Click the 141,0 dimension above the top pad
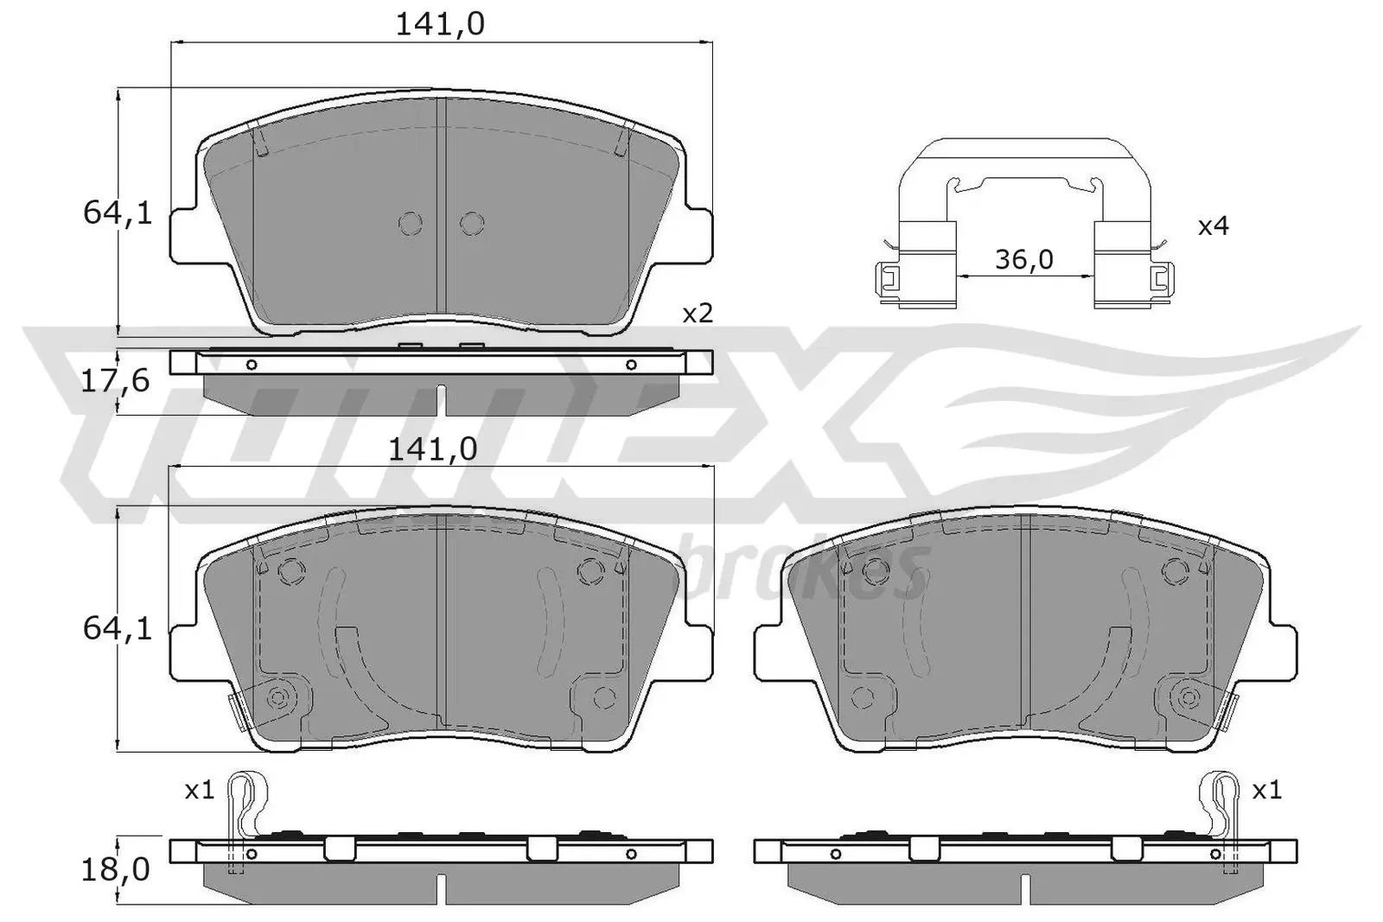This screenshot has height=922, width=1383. click(440, 24)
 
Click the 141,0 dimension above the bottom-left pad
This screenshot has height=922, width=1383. click(433, 448)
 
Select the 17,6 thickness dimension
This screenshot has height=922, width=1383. click(115, 380)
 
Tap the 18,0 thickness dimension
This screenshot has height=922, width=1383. click(115, 869)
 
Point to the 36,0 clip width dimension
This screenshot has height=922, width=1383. click(1023, 259)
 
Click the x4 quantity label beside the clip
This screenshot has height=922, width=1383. click(1213, 226)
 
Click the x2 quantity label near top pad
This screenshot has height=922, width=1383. click(698, 314)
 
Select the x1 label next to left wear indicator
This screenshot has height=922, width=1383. click(199, 790)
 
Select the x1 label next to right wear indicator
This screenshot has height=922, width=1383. click(1266, 790)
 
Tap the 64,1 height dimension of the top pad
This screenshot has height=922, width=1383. click(118, 212)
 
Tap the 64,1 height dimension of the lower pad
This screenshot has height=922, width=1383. click(118, 628)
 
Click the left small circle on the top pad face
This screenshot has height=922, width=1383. click(411, 224)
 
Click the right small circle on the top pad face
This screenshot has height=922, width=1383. click(471, 224)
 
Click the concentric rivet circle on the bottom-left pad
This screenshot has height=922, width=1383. click(278, 697)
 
